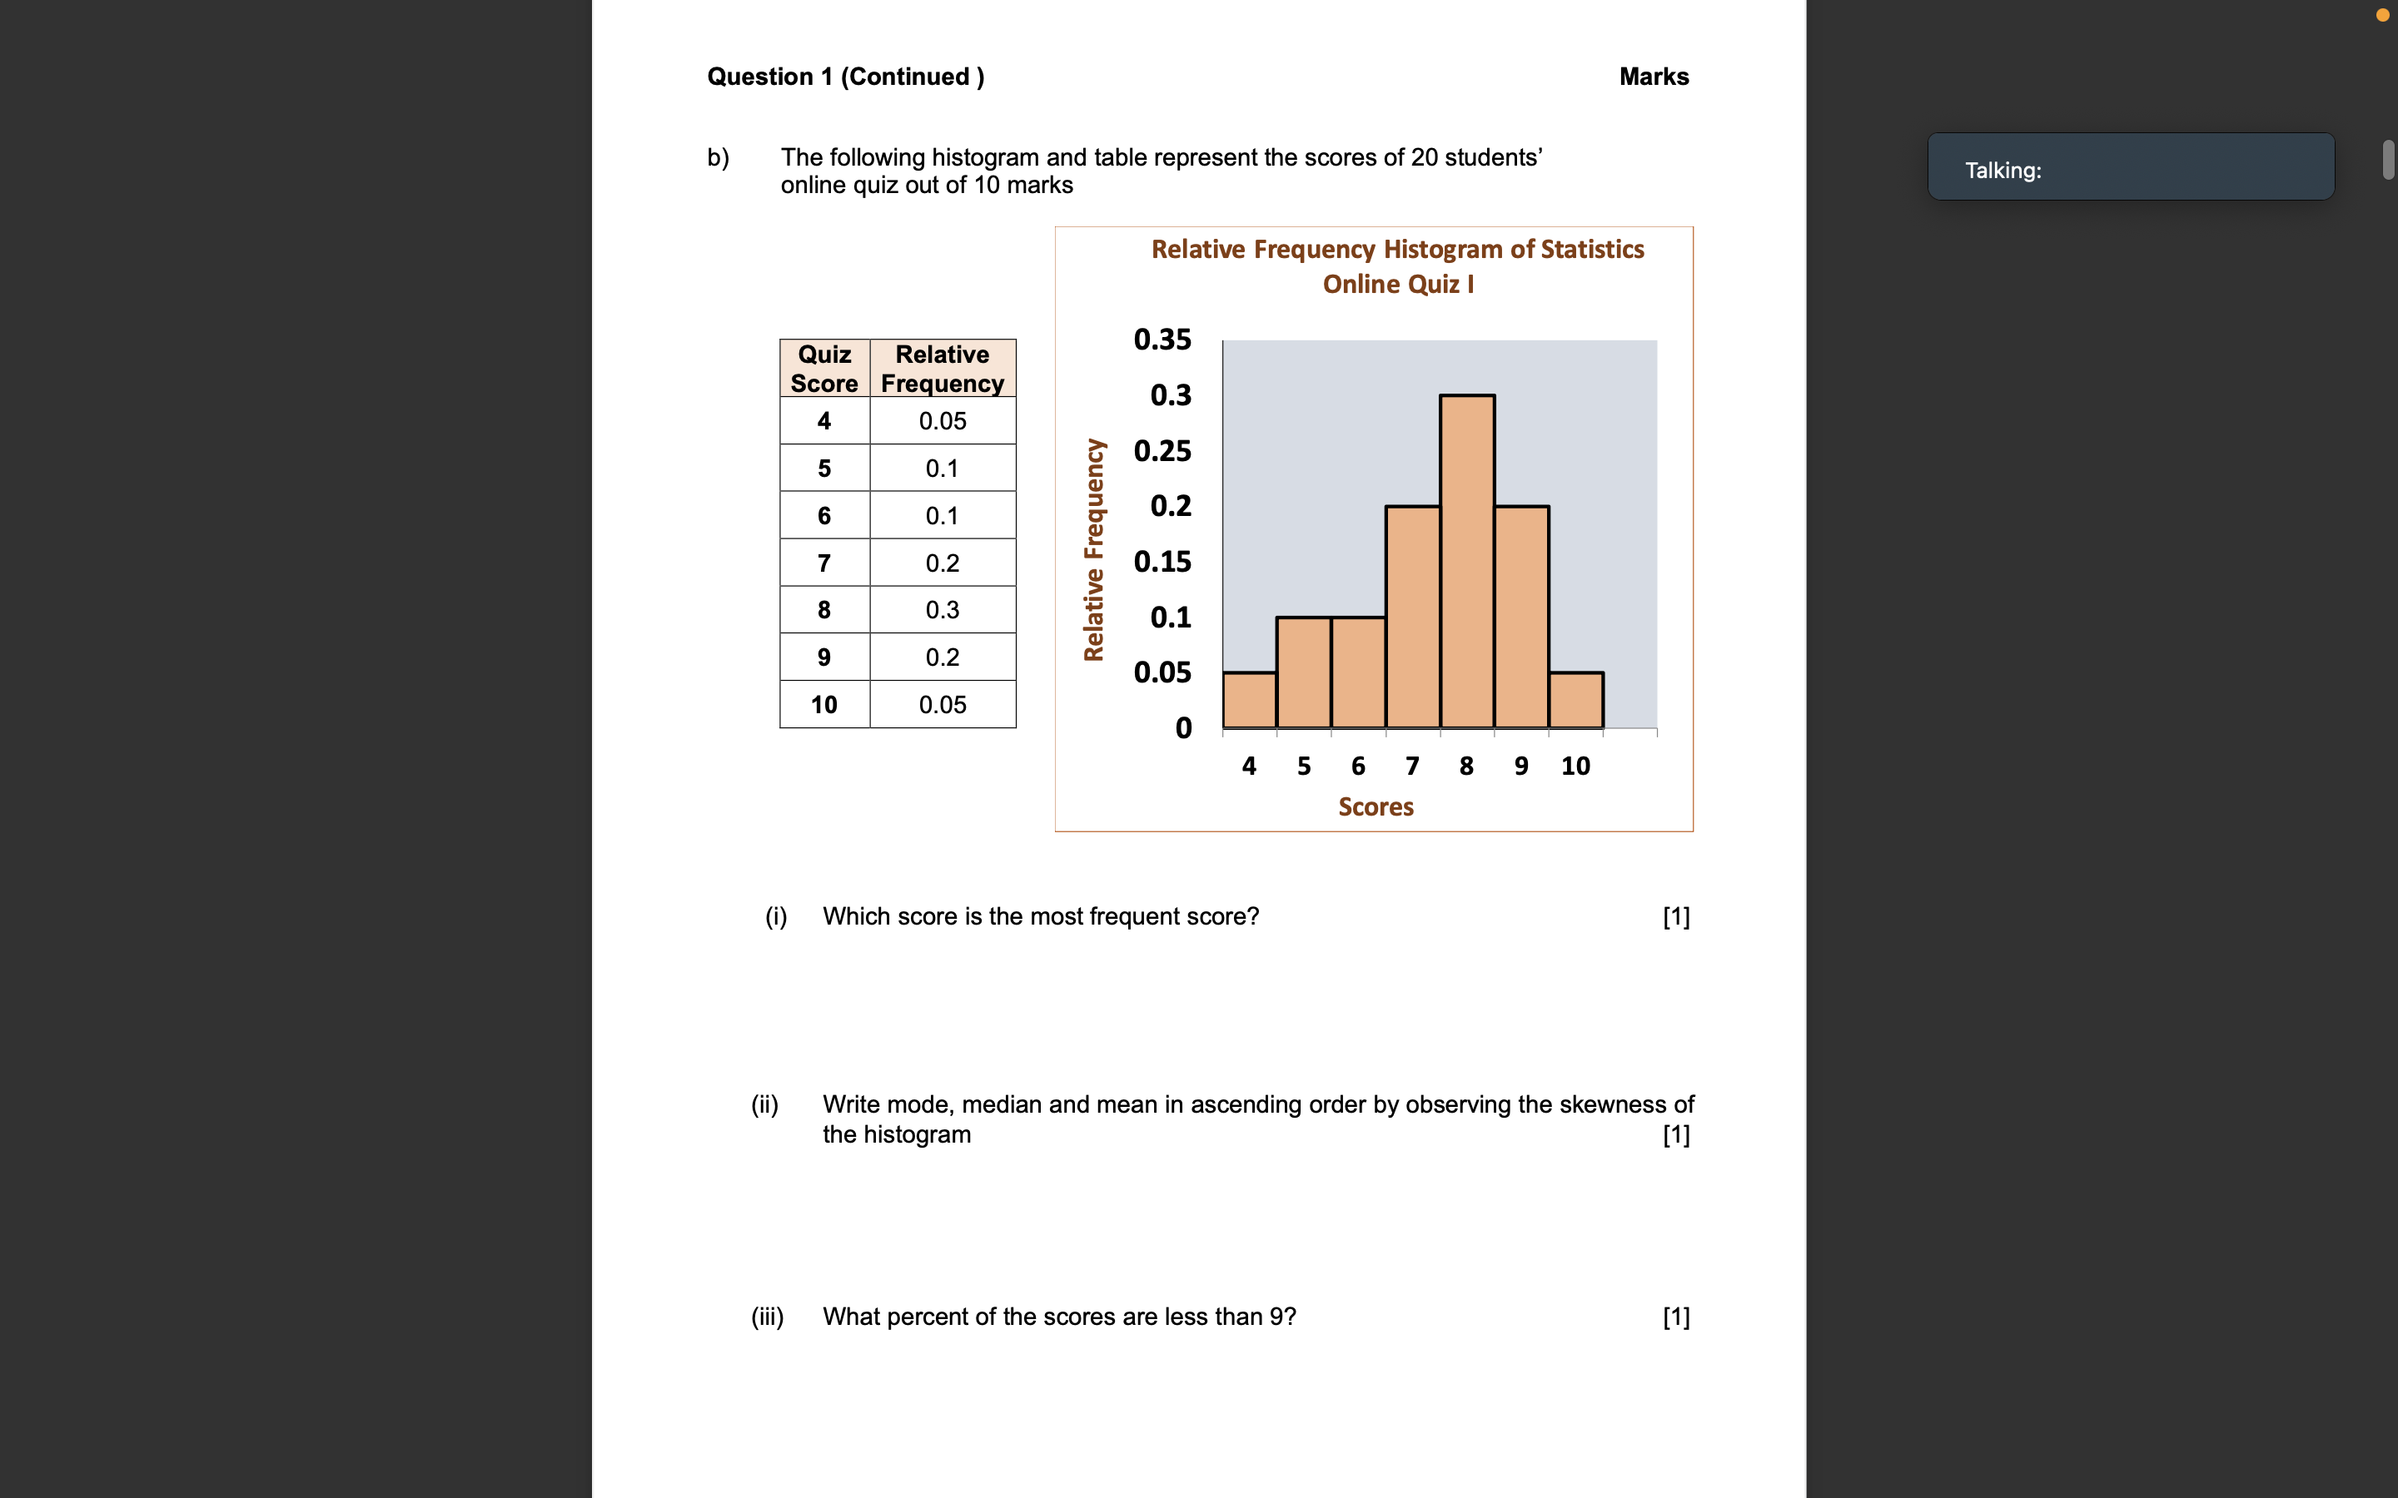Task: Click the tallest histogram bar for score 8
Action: click(1466, 561)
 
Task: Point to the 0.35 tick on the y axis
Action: click(1162, 340)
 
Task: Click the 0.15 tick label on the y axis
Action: click(1162, 562)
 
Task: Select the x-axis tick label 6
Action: click(1357, 766)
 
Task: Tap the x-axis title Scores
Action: click(1376, 806)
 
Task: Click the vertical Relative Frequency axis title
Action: click(1093, 550)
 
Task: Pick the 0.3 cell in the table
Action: click(942, 609)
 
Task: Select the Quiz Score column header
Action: click(824, 369)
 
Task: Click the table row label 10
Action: click(823, 704)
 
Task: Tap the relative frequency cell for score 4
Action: click(942, 421)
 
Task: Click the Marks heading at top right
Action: click(1653, 77)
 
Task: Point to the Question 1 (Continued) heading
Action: click(845, 77)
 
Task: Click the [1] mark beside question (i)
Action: click(1675, 916)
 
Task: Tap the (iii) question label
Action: click(767, 1317)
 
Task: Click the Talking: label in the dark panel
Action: click(2002, 171)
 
